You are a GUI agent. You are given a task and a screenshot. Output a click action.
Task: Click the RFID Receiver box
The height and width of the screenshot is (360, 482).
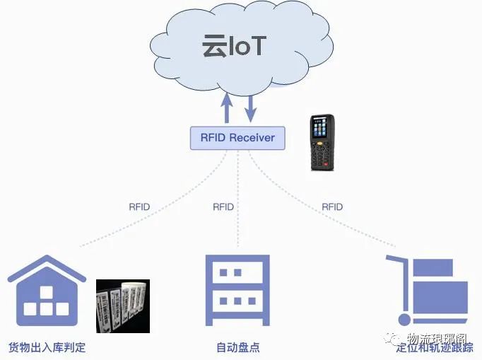click(x=237, y=137)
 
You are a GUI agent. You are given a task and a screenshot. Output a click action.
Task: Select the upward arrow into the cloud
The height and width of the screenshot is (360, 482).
click(x=228, y=107)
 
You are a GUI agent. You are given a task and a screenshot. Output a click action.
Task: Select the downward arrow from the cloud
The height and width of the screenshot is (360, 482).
click(x=250, y=107)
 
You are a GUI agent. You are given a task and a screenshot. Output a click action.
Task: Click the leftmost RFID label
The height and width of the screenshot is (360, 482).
click(x=139, y=207)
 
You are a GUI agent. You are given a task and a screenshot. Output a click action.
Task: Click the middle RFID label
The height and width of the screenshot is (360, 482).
click(x=223, y=207)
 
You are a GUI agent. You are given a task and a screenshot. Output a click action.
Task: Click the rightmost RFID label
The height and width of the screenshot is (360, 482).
click(x=332, y=207)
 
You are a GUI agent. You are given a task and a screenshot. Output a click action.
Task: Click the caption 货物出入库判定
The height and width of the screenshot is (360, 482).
click(x=47, y=348)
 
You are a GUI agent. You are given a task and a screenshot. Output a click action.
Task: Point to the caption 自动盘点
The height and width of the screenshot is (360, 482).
click(x=237, y=348)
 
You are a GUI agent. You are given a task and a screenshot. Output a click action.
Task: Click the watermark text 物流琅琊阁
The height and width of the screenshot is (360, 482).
click(x=439, y=339)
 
